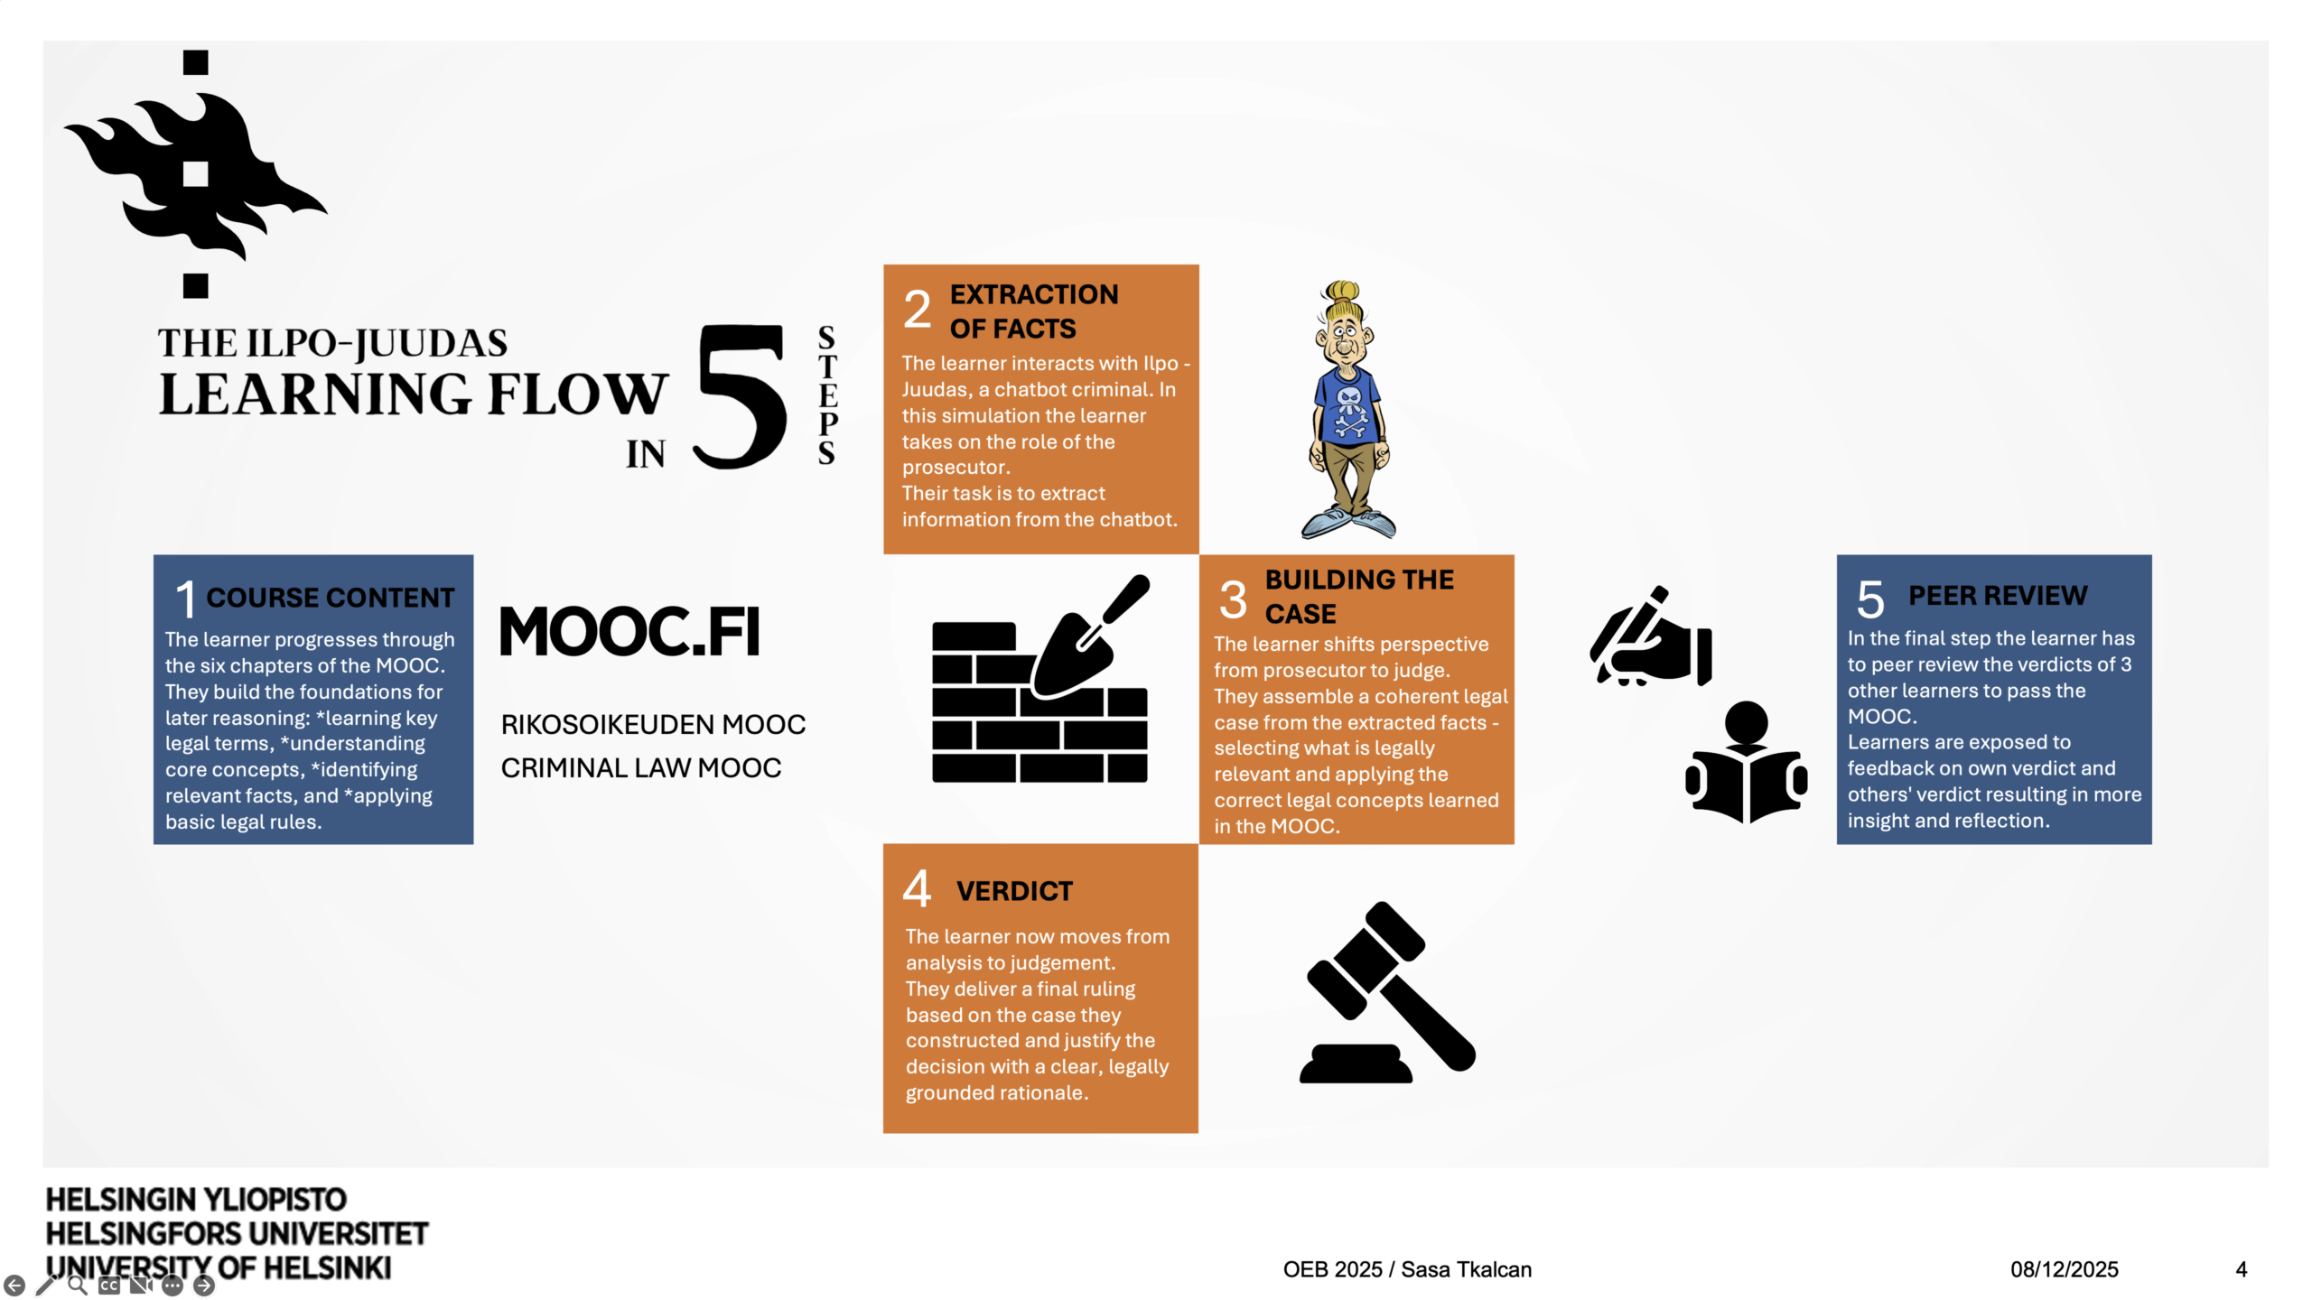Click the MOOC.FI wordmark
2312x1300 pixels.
click(x=630, y=631)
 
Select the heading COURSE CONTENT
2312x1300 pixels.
click(x=330, y=598)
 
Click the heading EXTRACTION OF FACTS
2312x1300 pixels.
click(x=1033, y=311)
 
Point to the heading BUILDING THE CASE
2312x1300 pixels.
click(x=1358, y=597)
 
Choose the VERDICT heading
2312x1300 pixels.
click(x=1014, y=891)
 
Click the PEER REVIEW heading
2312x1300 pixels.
click(x=1997, y=596)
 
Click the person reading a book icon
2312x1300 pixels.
click(x=1746, y=763)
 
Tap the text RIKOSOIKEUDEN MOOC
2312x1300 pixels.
click(x=653, y=724)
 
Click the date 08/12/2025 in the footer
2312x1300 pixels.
click(x=2064, y=1269)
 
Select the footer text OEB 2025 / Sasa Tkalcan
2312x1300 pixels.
click(x=1407, y=1269)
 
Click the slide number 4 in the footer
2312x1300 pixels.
click(x=2241, y=1269)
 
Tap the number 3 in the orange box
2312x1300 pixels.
click(x=1233, y=599)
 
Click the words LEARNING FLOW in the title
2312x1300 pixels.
click(x=414, y=395)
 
